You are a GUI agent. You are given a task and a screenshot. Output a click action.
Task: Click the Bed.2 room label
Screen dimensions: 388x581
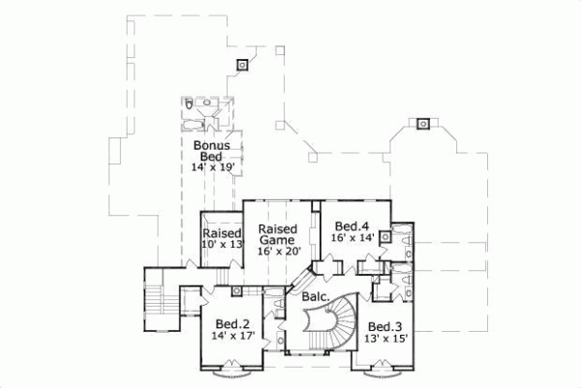click(233, 324)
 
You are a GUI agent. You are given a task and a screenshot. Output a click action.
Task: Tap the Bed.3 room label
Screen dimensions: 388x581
click(384, 326)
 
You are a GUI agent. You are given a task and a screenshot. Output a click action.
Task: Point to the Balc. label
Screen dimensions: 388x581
click(314, 296)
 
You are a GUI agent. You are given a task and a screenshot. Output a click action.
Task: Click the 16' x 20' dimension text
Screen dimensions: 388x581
click(279, 252)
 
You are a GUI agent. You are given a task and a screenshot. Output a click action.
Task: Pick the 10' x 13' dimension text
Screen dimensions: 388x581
click(221, 246)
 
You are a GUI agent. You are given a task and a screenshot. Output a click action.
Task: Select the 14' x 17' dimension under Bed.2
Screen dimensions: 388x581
click(233, 337)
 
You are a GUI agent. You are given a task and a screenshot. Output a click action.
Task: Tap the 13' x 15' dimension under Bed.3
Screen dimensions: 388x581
click(386, 339)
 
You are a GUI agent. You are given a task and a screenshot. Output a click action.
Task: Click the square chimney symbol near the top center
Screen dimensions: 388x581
click(242, 64)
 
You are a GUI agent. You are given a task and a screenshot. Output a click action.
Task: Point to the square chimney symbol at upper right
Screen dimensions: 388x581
click(422, 123)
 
